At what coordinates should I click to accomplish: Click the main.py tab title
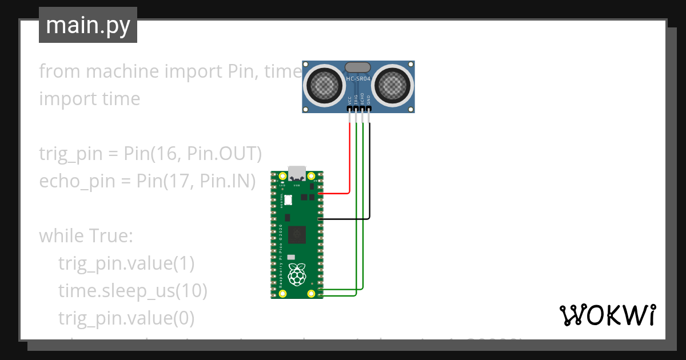[x=88, y=25]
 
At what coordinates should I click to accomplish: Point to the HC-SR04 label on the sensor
[x=358, y=78]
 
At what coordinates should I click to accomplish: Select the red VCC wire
[x=349, y=160]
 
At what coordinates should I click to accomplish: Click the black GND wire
[x=369, y=171]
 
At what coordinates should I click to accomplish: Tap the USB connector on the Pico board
[x=297, y=173]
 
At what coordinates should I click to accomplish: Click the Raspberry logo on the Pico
[x=296, y=274]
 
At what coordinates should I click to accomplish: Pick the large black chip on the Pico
[x=297, y=234]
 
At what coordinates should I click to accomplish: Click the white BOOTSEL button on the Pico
[x=289, y=200]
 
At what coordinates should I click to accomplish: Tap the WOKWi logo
[x=607, y=315]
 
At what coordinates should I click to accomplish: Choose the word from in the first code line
[x=57, y=71]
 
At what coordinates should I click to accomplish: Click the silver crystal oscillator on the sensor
[x=358, y=67]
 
